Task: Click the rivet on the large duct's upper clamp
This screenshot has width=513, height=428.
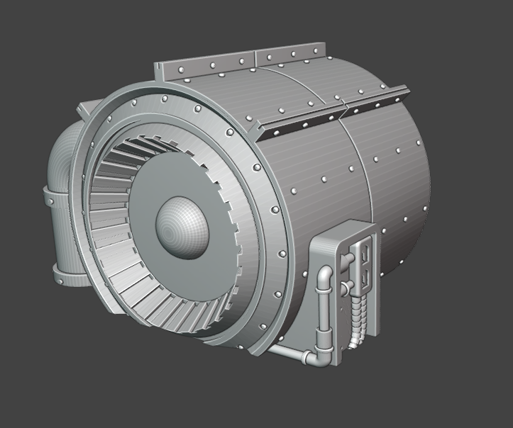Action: coord(52,198)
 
